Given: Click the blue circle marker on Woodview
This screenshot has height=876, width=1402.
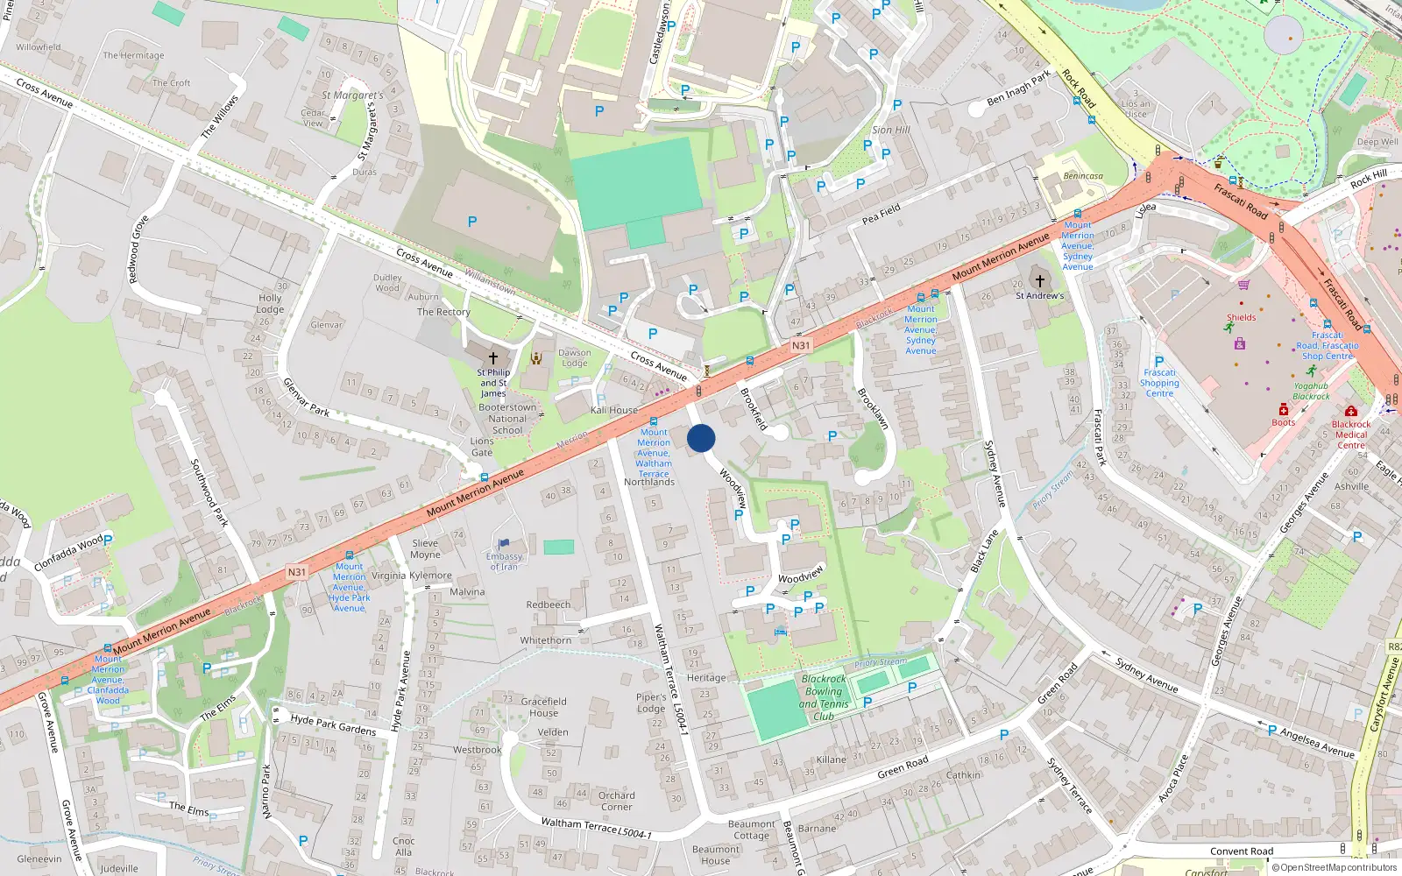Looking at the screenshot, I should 701,438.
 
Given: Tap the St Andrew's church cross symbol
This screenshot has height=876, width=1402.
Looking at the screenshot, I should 1040,281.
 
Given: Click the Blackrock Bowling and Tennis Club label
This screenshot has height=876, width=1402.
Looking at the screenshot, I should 824,697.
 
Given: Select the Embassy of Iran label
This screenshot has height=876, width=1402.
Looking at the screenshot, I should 504,562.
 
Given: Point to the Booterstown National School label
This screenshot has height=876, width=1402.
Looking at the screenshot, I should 507,419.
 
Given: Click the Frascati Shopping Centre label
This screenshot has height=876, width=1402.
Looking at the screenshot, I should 1159,383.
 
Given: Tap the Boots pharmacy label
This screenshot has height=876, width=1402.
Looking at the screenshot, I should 1283,422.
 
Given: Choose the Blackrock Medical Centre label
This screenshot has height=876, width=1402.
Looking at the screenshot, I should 1350,434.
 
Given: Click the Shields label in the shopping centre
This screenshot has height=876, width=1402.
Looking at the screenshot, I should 1241,317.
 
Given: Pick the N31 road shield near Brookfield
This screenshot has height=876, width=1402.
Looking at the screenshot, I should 801,346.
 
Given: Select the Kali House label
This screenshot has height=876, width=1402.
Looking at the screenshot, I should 614,410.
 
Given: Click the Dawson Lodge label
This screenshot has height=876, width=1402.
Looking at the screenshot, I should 575,358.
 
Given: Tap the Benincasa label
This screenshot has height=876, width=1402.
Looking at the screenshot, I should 1083,176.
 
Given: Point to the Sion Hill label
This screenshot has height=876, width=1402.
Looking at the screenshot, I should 890,130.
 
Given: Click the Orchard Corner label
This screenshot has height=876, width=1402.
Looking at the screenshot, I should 616,802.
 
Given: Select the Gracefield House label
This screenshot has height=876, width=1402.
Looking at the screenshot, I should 543,707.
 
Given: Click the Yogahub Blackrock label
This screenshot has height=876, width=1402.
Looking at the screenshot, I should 1311,391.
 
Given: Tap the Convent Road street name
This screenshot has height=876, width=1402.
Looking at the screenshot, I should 1242,851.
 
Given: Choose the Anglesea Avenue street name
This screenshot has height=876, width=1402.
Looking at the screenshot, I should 1317,743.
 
